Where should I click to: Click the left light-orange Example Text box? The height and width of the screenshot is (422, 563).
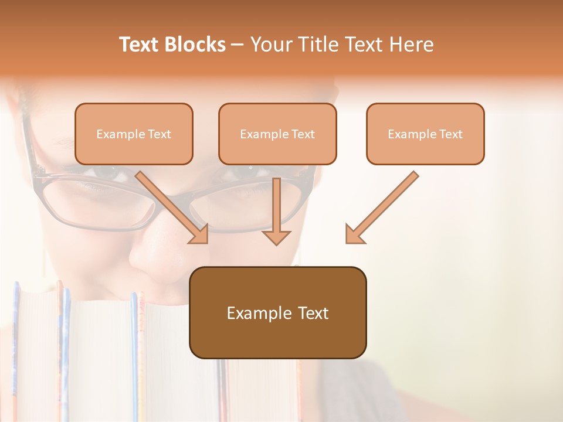click(134, 134)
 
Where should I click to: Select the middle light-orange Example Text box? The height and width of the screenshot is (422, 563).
click(277, 134)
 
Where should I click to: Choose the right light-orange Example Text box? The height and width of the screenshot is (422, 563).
click(425, 134)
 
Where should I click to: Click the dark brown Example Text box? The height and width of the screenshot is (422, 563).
click(277, 312)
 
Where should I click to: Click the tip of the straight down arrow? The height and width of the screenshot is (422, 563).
click(277, 243)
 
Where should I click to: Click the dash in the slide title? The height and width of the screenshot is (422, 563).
click(238, 45)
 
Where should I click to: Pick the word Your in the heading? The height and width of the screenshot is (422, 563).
click(269, 45)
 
